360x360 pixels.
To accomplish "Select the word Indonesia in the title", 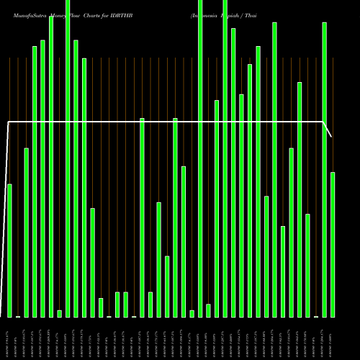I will (x=206, y=14).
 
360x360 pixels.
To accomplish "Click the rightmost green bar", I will (x=333, y=245).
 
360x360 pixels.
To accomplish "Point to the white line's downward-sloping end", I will (x=328, y=130).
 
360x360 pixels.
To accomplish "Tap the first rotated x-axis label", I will (x=8, y=338).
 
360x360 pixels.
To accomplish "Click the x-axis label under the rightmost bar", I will (x=332, y=338).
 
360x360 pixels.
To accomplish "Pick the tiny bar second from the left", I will (x=18, y=316).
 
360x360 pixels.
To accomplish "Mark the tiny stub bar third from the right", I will (x=316, y=316).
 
